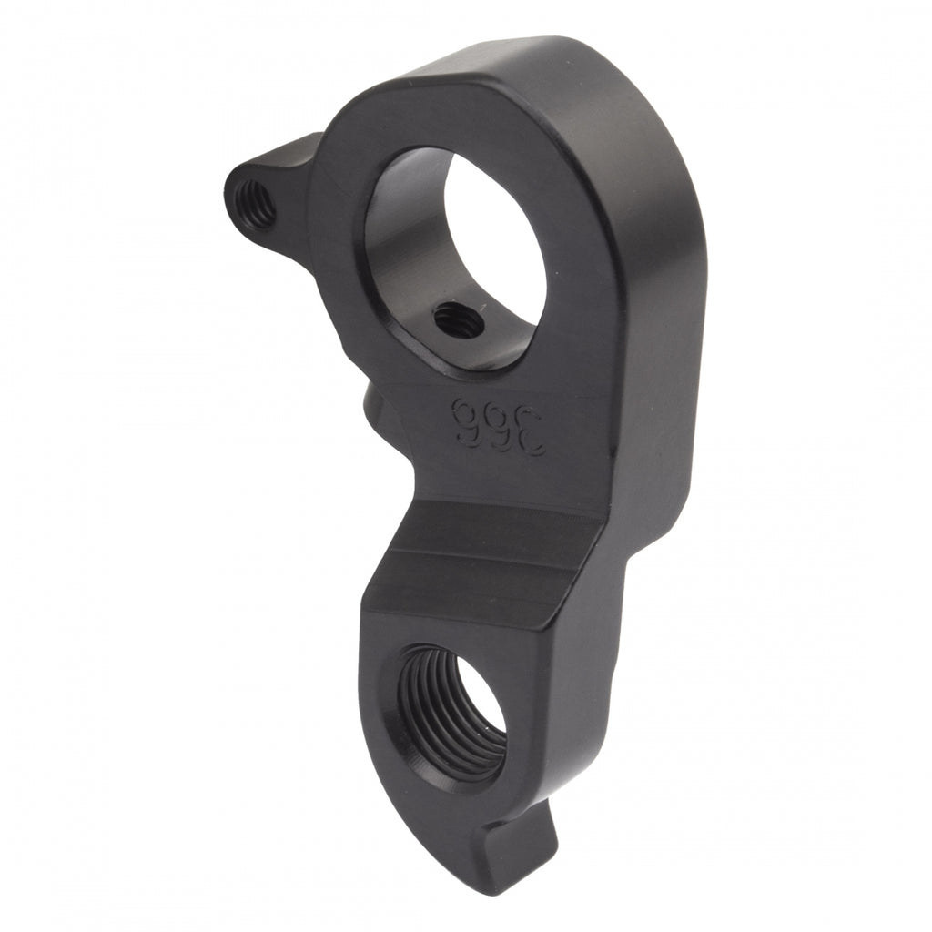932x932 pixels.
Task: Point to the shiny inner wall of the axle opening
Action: point(400,246)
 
